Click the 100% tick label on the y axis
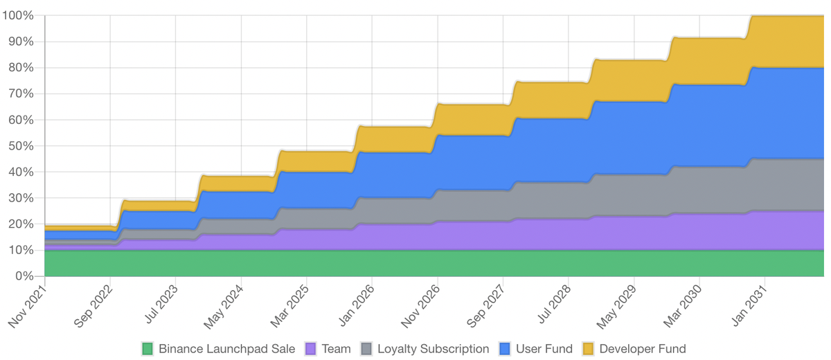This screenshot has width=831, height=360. [x=19, y=15]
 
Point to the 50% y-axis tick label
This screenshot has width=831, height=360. [x=21, y=145]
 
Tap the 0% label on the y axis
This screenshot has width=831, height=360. [x=25, y=276]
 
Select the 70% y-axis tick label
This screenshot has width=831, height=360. [x=21, y=93]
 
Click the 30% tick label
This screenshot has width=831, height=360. [x=21, y=198]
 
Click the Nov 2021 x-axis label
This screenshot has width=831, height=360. [x=27, y=307]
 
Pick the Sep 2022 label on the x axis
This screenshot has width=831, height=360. [x=92, y=307]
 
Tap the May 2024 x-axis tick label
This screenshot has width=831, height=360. [x=223, y=307]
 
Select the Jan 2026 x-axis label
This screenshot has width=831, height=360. [x=355, y=307]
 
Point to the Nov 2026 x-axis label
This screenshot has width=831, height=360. [x=420, y=307]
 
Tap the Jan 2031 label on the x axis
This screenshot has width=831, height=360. [x=748, y=307]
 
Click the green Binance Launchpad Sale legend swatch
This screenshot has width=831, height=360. [x=148, y=349]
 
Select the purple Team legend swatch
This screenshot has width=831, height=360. [x=311, y=349]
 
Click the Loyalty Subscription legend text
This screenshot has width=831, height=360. [x=433, y=349]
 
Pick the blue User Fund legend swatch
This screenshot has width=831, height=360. [x=506, y=349]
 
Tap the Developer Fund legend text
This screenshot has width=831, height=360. [x=642, y=349]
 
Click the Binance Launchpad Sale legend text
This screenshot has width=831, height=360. [x=226, y=349]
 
